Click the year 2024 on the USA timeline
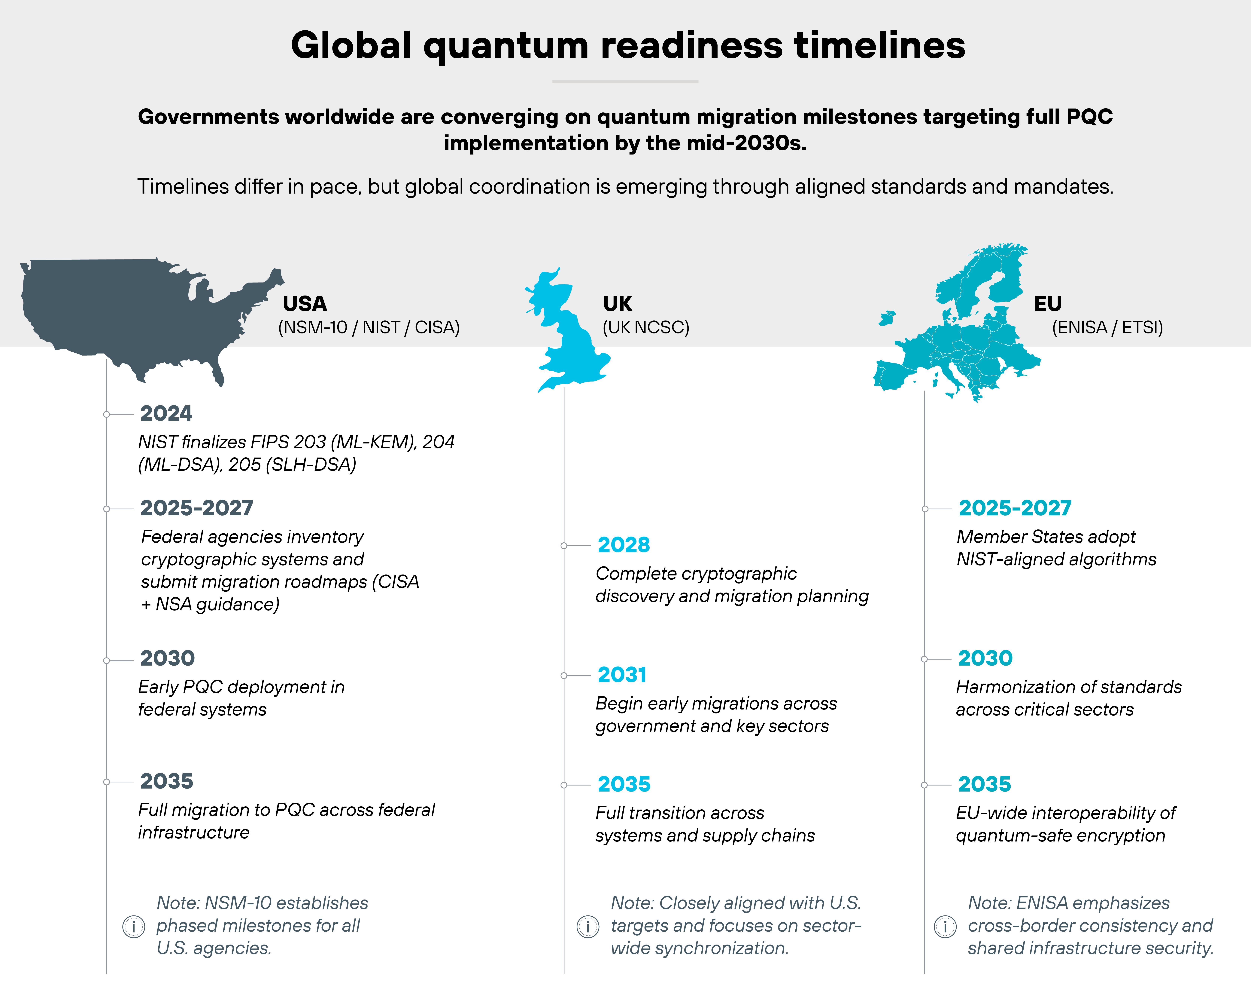click(166, 413)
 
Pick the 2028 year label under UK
click(624, 544)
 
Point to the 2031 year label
click(622, 674)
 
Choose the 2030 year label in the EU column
click(985, 658)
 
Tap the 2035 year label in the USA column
click(166, 781)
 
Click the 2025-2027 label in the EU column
click(1015, 508)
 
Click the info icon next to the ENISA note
click(945, 926)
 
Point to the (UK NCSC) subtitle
click(646, 327)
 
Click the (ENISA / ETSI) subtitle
click(1107, 327)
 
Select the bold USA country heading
click(305, 304)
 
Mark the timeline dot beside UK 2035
click(563, 785)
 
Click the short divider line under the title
click(625, 81)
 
